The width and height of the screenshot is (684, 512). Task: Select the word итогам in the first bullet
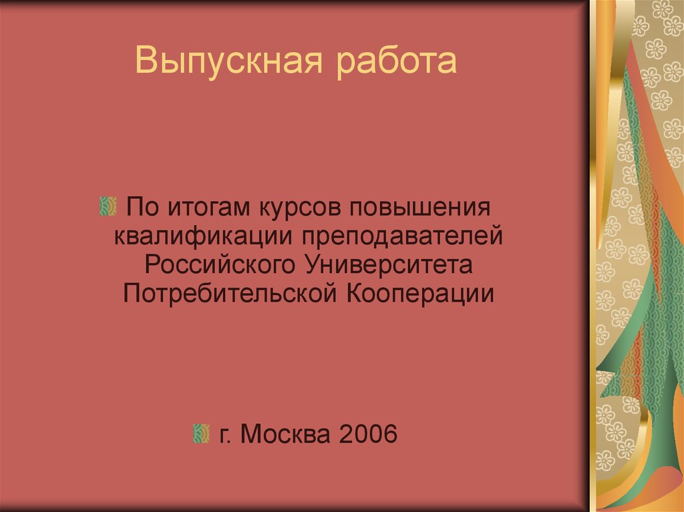204,206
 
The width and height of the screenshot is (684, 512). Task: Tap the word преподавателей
400,234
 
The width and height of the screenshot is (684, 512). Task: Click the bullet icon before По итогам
106,206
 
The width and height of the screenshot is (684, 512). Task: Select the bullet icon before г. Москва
200,435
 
